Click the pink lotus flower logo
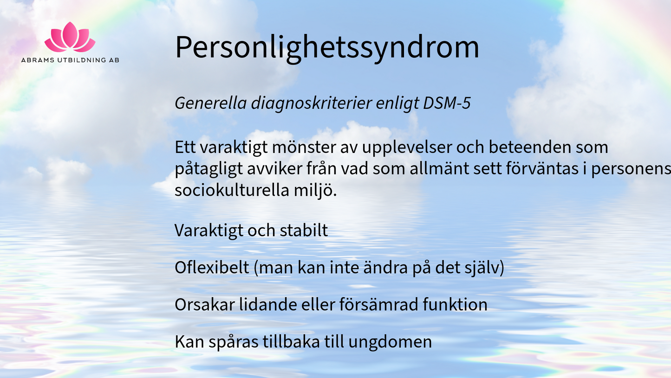point(70,37)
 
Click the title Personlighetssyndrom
point(327,47)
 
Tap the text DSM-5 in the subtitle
point(447,103)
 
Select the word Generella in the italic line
point(211,103)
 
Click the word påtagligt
point(208,169)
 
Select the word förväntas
point(542,168)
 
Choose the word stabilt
point(304,231)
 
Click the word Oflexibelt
point(212,267)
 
